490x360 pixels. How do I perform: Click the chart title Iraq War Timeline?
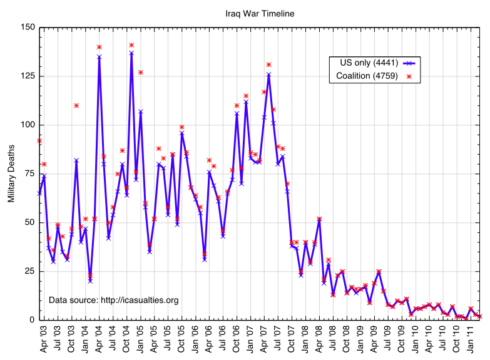point(260,13)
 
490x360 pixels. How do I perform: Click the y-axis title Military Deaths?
point(11,173)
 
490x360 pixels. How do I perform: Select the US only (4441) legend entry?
point(365,63)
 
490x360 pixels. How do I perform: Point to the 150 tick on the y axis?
point(27,28)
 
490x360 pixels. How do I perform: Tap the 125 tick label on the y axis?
point(27,76)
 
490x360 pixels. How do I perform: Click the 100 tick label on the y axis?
point(27,125)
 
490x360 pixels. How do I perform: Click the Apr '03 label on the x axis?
point(44,337)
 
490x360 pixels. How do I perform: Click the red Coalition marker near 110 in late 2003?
point(76,105)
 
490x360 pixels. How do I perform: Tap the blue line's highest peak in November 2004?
point(131,53)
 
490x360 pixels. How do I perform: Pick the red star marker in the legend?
point(410,76)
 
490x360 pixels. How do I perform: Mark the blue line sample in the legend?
point(410,63)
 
